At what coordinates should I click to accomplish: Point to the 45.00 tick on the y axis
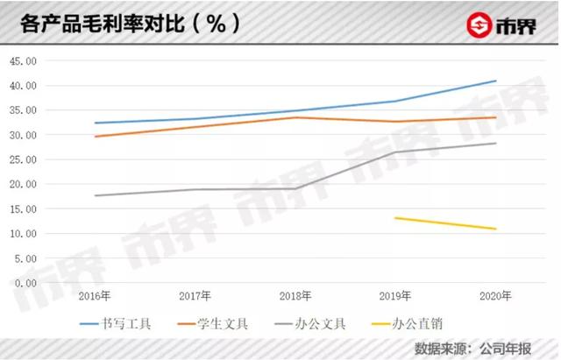(23, 61)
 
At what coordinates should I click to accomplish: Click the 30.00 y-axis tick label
(23, 136)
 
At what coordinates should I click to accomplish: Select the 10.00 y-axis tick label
(23, 234)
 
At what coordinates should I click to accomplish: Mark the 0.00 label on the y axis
(26, 283)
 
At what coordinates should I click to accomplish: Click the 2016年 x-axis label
(94, 296)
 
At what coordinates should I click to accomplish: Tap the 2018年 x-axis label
(295, 296)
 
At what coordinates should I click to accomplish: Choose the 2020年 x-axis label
(496, 296)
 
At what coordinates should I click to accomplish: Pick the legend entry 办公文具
(320, 325)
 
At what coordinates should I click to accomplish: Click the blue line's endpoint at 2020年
(496, 81)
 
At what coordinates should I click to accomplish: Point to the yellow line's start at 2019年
(395, 218)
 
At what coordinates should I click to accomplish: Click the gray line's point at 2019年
(395, 152)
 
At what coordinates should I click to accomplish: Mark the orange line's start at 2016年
(94, 137)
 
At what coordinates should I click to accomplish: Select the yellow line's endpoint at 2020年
(496, 229)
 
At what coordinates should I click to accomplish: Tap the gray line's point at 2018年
(295, 188)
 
